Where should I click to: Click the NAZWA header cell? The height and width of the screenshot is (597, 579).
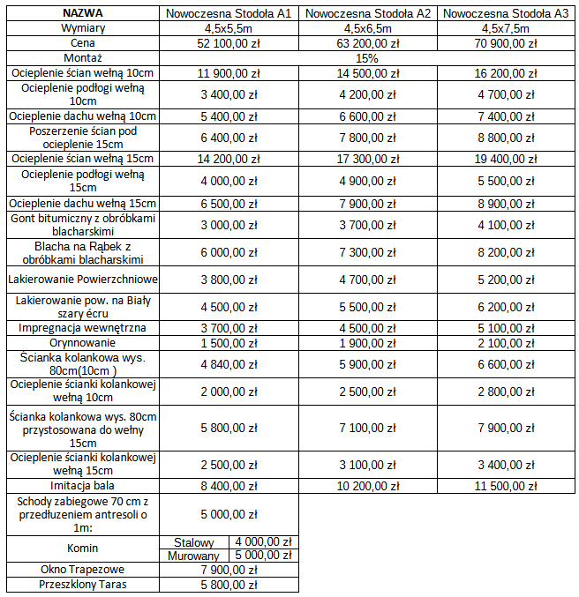coord(83,14)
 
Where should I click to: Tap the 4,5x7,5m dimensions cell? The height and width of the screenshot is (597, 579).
coord(505,28)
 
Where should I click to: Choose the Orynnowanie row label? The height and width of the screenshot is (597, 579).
coord(83,342)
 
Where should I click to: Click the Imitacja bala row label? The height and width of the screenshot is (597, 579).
coord(83,485)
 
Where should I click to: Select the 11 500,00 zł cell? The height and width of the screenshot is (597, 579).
coord(505,485)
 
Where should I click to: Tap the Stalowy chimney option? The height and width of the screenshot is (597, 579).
coord(195,541)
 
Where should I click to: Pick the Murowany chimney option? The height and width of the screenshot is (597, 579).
coord(195,556)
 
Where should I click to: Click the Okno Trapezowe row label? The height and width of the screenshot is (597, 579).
coord(83,570)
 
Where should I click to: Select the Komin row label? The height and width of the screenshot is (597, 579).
coord(83,548)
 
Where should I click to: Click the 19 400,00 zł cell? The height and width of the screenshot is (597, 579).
coord(505,159)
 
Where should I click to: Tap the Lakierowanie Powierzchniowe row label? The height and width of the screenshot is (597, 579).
coord(83,280)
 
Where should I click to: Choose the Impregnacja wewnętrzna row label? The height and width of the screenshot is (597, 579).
coord(83,328)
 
